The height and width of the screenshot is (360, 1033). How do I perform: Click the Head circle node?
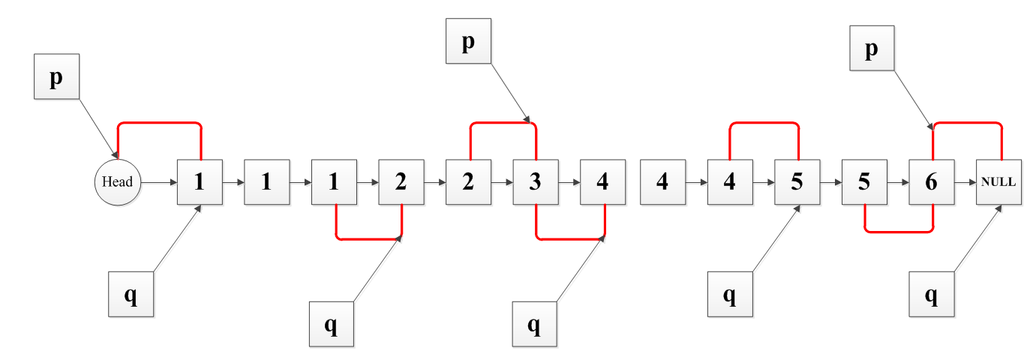[x=117, y=181]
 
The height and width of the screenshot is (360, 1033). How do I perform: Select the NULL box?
[x=999, y=181]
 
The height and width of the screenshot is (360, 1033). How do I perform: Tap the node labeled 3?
[x=535, y=181]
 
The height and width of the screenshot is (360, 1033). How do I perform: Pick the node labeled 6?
[x=931, y=181]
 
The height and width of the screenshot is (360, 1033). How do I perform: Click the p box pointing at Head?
[x=56, y=78]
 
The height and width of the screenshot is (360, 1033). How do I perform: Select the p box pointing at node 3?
[x=468, y=41]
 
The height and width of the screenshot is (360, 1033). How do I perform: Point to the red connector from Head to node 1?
[x=159, y=121]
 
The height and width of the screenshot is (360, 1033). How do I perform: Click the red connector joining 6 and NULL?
[x=967, y=122]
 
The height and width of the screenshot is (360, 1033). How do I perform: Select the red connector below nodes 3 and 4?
[x=570, y=239]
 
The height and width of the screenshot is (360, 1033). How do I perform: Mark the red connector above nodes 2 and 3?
[x=503, y=122]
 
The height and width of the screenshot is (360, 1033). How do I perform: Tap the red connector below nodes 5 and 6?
[x=899, y=231]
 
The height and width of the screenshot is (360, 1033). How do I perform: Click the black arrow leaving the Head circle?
[x=158, y=181]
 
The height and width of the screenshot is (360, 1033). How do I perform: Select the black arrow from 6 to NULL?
[x=965, y=181]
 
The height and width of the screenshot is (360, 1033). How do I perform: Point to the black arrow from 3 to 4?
[x=569, y=181]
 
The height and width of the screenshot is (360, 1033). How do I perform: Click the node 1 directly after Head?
[x=200, y=181]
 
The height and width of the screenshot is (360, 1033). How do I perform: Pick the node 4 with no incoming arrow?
[x=662, y=181]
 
